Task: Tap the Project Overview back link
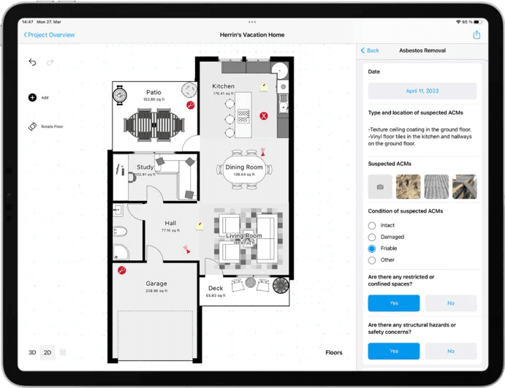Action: coord(50,34)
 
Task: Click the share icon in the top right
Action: coord(476,34)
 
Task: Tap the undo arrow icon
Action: coord(33,62)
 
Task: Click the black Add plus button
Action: coord(32,97)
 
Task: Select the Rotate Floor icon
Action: coord(32,126)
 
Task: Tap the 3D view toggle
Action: coord(32,352)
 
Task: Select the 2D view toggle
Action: coord(48,352)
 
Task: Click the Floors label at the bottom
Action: coord(333,352)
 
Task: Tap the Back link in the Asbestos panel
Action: coord(371,50)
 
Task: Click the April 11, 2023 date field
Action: coord(422,91)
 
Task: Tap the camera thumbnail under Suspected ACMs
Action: coord(380,186)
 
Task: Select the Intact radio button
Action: coord(372,226)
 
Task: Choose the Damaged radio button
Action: coord(372,237)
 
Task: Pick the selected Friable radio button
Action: coord(372,248)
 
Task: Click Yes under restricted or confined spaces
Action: coord(393,303)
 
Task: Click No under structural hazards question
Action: coord(450,351)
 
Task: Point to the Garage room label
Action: coord(156,284)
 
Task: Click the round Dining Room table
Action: coord(245,170)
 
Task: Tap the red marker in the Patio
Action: coord(190,105)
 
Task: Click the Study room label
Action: coord(145,167)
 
